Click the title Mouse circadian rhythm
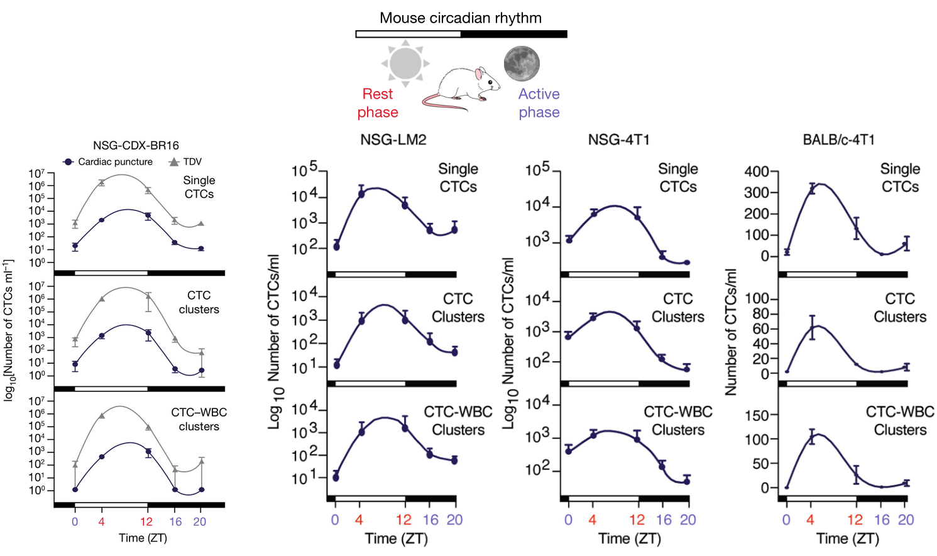(x=461, y=18)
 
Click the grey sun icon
(x=405, y=63)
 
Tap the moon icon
(x=522, y=63)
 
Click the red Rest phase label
(x=378, y=103)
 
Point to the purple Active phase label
(x=539, y=103)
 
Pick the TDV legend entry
(x=186, y=161)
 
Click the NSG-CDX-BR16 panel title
(x=136, y=145)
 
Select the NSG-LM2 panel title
(x=393, y=139)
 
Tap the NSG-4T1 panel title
(x=618, y=139)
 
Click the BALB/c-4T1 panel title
(x=838, y=139)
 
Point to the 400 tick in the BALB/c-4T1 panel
(x=756, y=172)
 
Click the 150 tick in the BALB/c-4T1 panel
(x=756, y=415)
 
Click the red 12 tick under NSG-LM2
(x=403, y=520)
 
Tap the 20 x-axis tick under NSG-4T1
(x=688, y=520)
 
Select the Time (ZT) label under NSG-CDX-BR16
(x=143, y=538)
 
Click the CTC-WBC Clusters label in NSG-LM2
(x=458, y=421)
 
